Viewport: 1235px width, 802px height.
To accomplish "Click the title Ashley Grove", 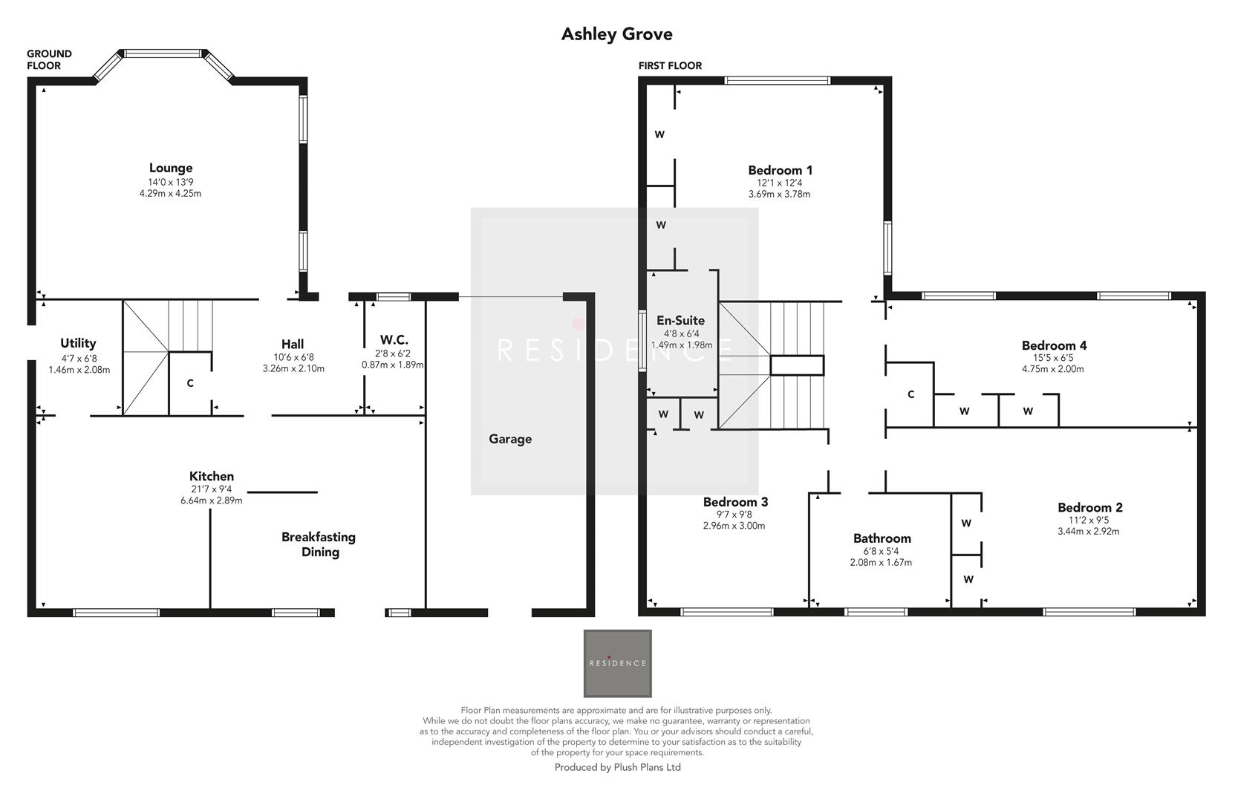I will click(616, 34).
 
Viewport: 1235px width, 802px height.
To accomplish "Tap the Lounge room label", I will click(170, 168).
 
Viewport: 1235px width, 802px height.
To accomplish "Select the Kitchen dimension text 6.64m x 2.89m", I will click(212, 501).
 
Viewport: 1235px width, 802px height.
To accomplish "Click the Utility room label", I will click(78, 343).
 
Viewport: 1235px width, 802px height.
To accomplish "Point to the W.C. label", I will click(394, 341).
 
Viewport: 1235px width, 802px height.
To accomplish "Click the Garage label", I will click(510, 439).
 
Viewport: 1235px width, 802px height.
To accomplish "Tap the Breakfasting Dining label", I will click(319, 544).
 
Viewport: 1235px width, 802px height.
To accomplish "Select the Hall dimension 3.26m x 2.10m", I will click(293, 368).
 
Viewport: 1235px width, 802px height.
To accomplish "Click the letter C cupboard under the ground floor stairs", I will click(190, 383).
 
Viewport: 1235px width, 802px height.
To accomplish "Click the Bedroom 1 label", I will click(779, 170).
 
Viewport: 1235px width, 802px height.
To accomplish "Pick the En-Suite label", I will click(680, 321).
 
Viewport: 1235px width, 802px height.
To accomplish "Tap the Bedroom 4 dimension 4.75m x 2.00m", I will click(1052, 368).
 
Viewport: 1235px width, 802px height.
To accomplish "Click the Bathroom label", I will click(882, 538).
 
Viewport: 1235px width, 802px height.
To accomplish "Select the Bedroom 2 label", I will click(1089, 507).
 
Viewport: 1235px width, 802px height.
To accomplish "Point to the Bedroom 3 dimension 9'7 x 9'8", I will click(734, 514).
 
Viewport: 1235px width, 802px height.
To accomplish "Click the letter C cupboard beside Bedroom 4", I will click(910, 394).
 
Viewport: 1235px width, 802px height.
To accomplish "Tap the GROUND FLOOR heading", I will click(49, 59).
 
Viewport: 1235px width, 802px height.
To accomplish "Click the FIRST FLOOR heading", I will click(670, 65).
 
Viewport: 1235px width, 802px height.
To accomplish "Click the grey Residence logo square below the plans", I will click(617, 663).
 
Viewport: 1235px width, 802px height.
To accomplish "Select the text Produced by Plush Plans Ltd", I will click(617, 767).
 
